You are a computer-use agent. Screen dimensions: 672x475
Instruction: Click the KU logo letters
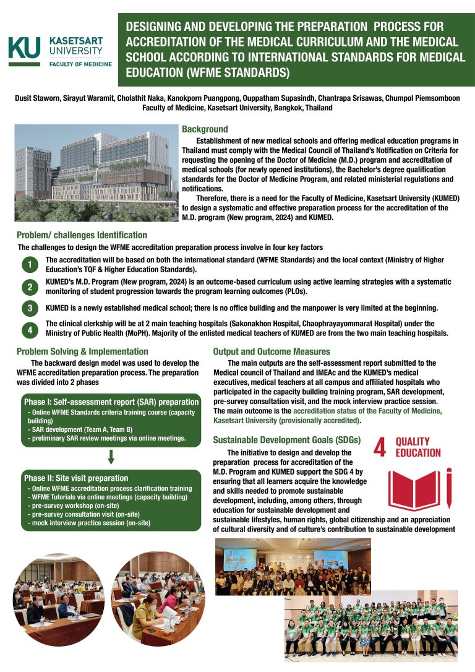pos(24,48)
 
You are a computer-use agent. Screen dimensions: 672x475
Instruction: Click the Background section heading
pos(205,129)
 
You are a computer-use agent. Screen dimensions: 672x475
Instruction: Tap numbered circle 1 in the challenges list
pos(30,265)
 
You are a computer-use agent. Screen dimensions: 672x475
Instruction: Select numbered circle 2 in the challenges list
pos(30,286)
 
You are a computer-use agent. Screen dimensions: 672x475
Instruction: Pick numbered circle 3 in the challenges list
pos(30,308)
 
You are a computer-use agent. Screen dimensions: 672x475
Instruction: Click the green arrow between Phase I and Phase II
pos(111,457)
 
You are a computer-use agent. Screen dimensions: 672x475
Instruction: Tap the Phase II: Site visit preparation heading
pos(75,478)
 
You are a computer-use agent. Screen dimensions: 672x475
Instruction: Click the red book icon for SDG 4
pos(420,489)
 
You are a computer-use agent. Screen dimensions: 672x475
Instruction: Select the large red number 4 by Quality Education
pos(380,448)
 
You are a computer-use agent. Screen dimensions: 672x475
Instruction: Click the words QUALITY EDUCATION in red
pos(418,447)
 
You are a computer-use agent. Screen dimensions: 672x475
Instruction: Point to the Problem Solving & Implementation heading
pos(82,351)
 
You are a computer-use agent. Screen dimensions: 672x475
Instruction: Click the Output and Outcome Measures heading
pos(272,351)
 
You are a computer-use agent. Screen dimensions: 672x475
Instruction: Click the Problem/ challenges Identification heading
pos(82,235)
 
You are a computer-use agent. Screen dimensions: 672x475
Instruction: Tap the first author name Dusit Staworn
pos(35,98)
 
